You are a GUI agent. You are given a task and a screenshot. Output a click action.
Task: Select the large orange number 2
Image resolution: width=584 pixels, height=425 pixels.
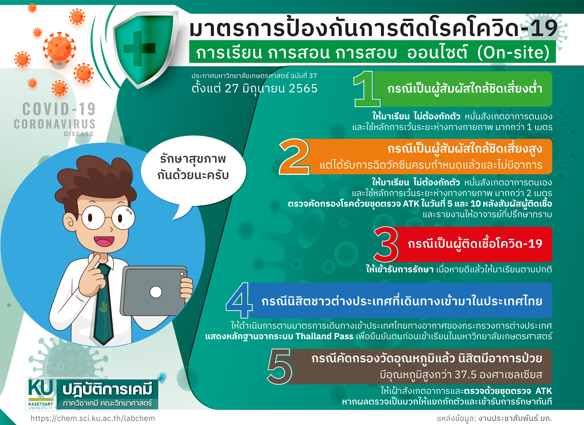(294, 156)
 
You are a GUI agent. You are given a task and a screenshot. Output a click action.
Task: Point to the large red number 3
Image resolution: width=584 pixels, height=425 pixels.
(386, 244)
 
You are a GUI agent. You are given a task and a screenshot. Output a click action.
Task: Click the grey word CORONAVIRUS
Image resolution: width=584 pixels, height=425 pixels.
(55, 124)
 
